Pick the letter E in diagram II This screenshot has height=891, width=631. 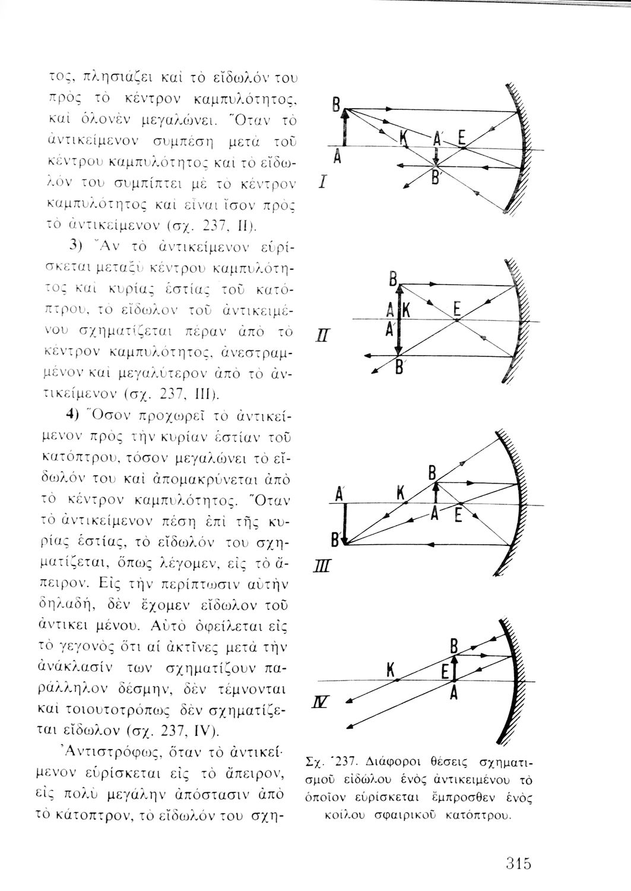(456, 309)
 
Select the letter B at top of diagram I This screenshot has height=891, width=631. (335, 108)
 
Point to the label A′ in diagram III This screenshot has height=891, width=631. (340, 494)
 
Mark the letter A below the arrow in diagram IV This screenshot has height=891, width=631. (453, 693)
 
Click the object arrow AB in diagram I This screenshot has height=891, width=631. (344, 128)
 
